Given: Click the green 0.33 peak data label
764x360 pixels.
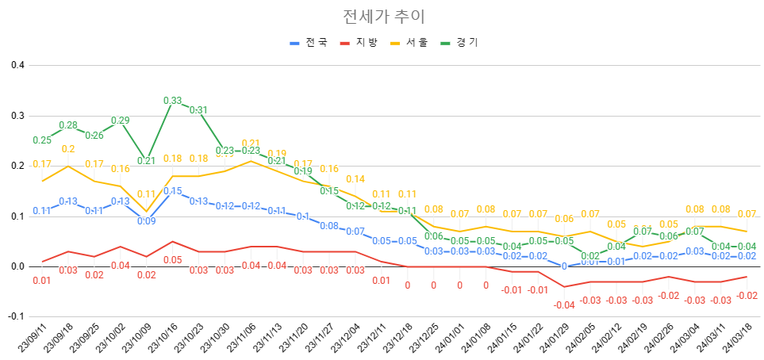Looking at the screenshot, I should point(173,101).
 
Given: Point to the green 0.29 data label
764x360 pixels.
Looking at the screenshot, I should point(121,121).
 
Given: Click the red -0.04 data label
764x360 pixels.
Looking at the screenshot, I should point(564,304).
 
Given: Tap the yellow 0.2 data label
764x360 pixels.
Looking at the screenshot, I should point(68,149).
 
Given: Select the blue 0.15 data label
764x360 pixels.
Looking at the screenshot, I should point(172,191).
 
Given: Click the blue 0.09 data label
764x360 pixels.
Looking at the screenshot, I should point(147,221).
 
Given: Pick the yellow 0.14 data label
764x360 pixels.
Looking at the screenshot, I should point(355,179).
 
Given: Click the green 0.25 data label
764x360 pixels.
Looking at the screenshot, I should point(42,140).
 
